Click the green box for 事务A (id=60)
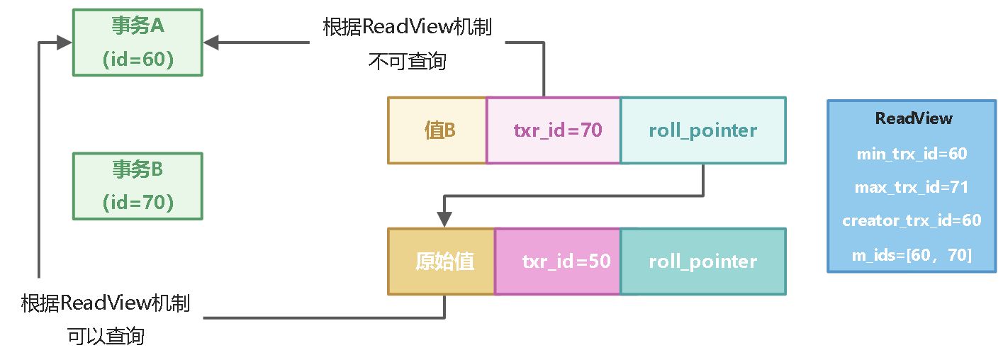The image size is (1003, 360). (138, 43)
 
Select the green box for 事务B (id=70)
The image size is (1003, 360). (138, 186)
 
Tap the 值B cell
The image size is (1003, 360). (437, 130)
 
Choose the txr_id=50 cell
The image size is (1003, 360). (558, 261)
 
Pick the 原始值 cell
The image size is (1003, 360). (442, 261)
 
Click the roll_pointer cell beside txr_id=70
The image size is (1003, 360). (702, 130)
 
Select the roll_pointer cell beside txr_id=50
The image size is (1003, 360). (702, 261)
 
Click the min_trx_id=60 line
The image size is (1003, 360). (912, 154)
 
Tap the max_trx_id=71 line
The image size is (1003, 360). (912, 187)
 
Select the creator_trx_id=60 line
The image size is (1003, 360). (912, 220)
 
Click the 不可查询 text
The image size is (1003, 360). (407, 62)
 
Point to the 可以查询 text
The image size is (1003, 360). (106, 336)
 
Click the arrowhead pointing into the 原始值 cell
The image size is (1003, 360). (444, 220)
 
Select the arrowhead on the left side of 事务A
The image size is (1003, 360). (65, 43)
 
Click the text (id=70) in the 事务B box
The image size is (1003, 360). (138, 203)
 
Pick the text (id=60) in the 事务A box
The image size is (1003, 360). (138, 60)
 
